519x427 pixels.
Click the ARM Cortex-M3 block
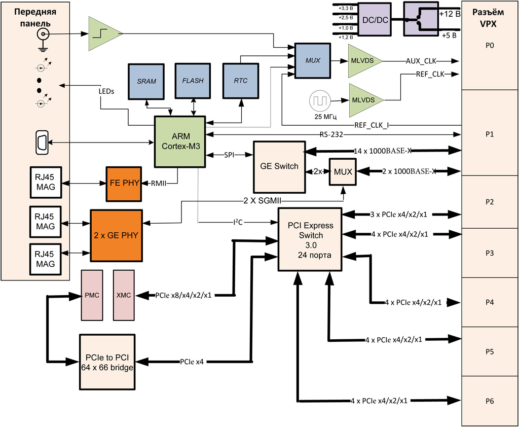[x=179, y=140]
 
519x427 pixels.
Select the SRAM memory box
[x=146, y=81]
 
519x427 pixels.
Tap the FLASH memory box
[x=193, y=81]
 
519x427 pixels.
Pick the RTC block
[x=241, y=81]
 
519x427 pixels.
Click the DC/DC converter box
[x=376, y=19]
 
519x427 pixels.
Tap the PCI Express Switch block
[x=309, y=238]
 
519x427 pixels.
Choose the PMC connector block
[x=92, y=295]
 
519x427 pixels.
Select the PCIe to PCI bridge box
[x=109, y=363]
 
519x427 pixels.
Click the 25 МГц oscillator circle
[x=320, y=100]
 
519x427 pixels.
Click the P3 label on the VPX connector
[x=489, y=253]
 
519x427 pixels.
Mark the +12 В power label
[x=451, y=14]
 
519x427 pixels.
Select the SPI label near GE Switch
[x=230, y=155]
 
